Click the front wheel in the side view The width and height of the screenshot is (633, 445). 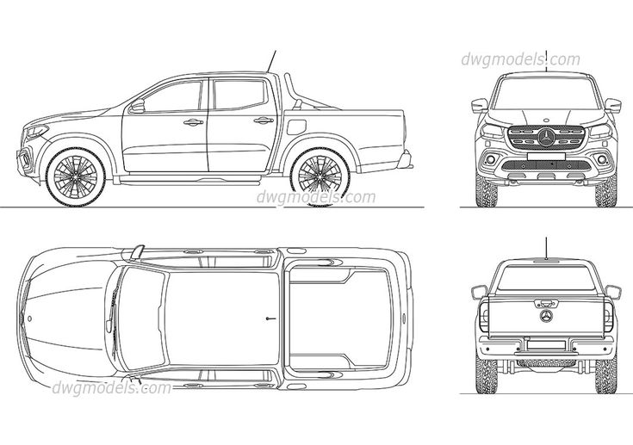click(x=76, y=176)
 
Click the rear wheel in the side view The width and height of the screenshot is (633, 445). click(x=320, y=176)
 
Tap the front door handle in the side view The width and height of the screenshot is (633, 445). click(x=194, y=122)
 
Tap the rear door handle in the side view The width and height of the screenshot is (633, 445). click(x=264, y=121)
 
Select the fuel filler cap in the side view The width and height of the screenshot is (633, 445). click(x=295, y=127)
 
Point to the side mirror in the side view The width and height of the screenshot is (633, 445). click(x=137, y=107)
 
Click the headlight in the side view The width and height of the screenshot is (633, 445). click(x=35, y=132)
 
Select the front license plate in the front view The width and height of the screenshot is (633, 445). click(x=546, y=157)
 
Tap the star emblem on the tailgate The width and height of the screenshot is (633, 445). click(x=546, y=316)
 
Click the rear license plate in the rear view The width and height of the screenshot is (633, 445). click(x=546, y=345)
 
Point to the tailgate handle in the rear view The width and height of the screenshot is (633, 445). click(x=546, y=302)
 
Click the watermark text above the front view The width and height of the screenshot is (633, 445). click(x=521, y=59)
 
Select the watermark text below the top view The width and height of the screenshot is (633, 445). click(x=111, y=387)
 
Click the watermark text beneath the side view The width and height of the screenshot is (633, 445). click(x=316, y=197)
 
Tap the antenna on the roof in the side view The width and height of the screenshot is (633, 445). click(x=271, y=61)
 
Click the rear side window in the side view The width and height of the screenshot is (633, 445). click(x=239, y=95)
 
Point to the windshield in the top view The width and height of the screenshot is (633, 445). click(x=142, y=318)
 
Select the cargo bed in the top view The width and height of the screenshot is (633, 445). click(x=339, y=318)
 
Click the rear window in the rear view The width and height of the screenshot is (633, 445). click(x=546, y=277)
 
